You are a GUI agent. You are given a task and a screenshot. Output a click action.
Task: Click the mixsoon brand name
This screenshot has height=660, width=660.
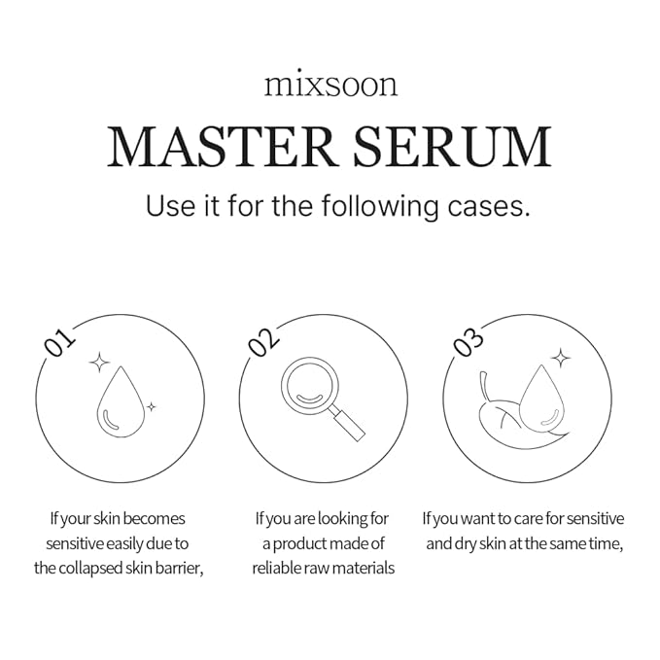point(330,85)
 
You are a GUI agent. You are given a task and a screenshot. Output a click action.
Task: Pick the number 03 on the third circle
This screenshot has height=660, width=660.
point(468,343)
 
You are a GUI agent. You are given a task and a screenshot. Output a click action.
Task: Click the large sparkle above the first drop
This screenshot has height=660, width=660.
point(99,364)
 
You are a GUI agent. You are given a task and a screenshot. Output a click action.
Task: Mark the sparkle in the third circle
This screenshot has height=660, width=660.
point(560,359)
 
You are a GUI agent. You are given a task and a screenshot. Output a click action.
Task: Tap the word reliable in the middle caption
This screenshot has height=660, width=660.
point(280,568)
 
